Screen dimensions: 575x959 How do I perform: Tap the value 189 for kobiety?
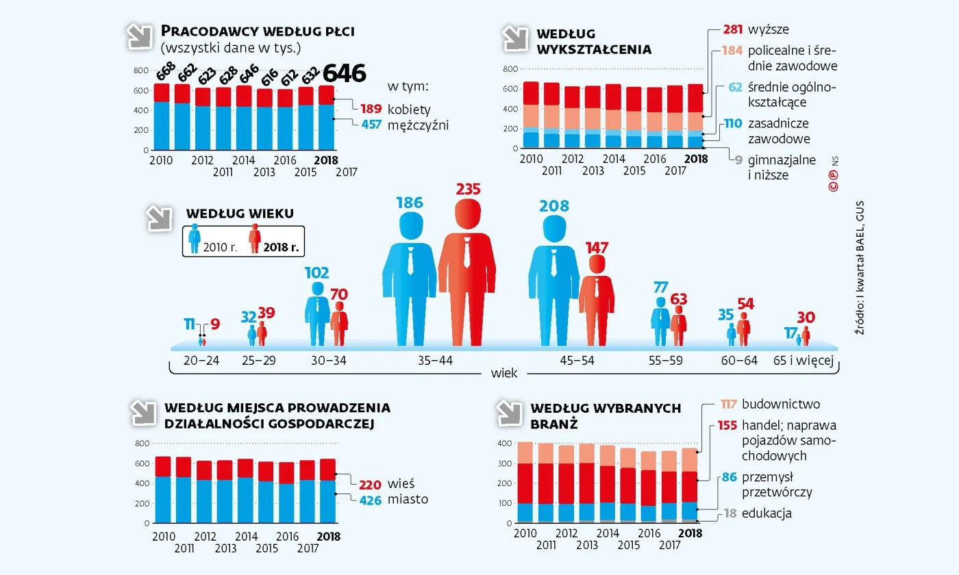click(371, 109)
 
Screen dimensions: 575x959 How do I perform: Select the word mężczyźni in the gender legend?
click(418, 125)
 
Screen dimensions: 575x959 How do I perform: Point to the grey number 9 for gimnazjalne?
click(738, 161)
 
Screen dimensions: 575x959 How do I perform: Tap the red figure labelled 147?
click(596, 294)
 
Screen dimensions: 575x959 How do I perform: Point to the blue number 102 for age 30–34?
click(318, 272)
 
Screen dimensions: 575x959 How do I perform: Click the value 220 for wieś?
click(371, 483)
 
